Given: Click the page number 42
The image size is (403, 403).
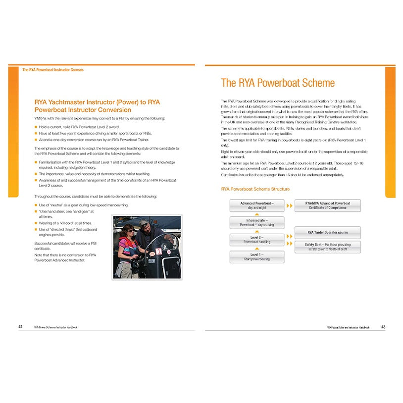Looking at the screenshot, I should pyautogui.click(x=20, y=327).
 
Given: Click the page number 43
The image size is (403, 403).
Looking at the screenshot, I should pyautogui.click(x=384, y=327).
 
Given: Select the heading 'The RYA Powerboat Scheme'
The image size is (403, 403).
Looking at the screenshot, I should pyautogui.click(x=278, y=83).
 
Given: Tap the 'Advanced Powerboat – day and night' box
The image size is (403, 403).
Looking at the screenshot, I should pyautogui.click(x=256, y=205).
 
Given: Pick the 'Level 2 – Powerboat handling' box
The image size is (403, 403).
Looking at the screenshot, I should pyautogui.click(x=256, y=240).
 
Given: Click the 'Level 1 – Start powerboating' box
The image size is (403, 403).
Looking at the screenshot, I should pyautogui.click(x=256, y=257).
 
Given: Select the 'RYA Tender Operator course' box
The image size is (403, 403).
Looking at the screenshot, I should pyautogui.click(x=327, y=232).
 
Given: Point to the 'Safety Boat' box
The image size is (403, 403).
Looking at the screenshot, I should pyautogui.click(x=327, y=247).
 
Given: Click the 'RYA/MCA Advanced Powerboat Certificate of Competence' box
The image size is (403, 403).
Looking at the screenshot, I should pyautogui.click(x=327, y=205).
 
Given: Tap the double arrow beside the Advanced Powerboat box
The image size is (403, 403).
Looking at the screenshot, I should pyautogui.click(x=289, y=205).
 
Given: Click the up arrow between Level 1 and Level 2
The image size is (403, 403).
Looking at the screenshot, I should pyautogui.click(x=257, y=249).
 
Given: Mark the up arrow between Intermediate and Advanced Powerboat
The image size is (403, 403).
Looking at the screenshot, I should pyautogui.click(x=257, y=214).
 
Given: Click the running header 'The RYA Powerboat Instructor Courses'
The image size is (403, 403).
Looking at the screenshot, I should pyautogui.click(x=53, y=70).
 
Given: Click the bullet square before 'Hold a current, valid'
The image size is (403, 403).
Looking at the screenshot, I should pyautogui.click(x=36, y=127).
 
